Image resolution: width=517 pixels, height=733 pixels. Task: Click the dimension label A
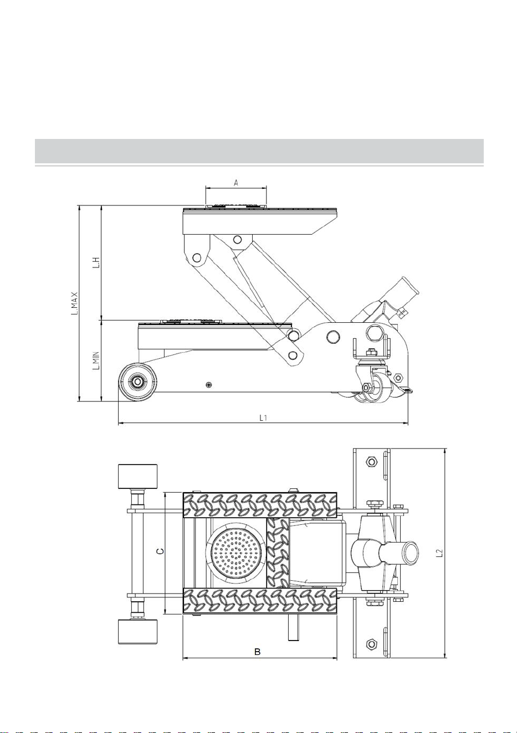236,183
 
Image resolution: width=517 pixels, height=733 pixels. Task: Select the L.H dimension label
96,262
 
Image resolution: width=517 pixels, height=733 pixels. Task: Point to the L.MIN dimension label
96,360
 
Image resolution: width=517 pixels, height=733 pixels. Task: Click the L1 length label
263,418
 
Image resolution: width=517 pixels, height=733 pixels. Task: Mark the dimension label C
160,551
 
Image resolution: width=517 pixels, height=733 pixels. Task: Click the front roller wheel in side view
137,382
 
